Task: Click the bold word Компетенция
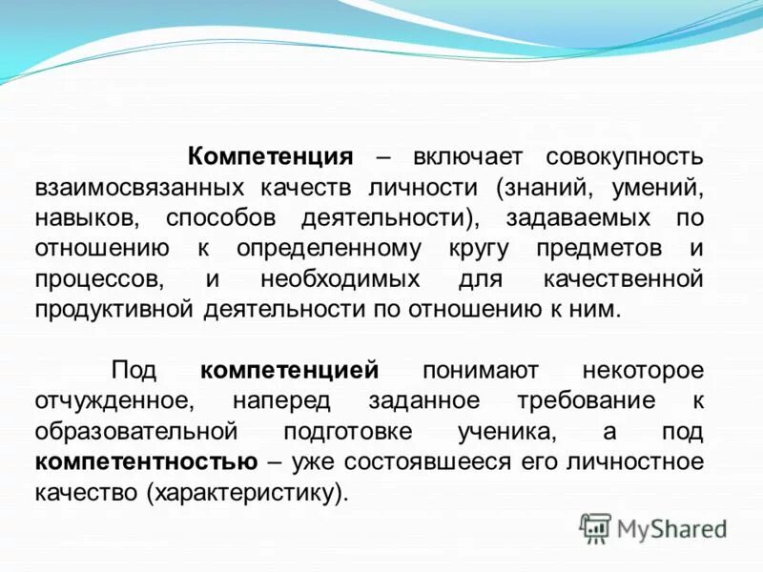(x=271, y=155)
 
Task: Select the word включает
(x=463, y=155)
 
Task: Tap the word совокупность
(x=625, y=155)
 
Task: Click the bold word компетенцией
(x=290, y=369)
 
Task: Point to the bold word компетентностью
(x=146, y=461)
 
